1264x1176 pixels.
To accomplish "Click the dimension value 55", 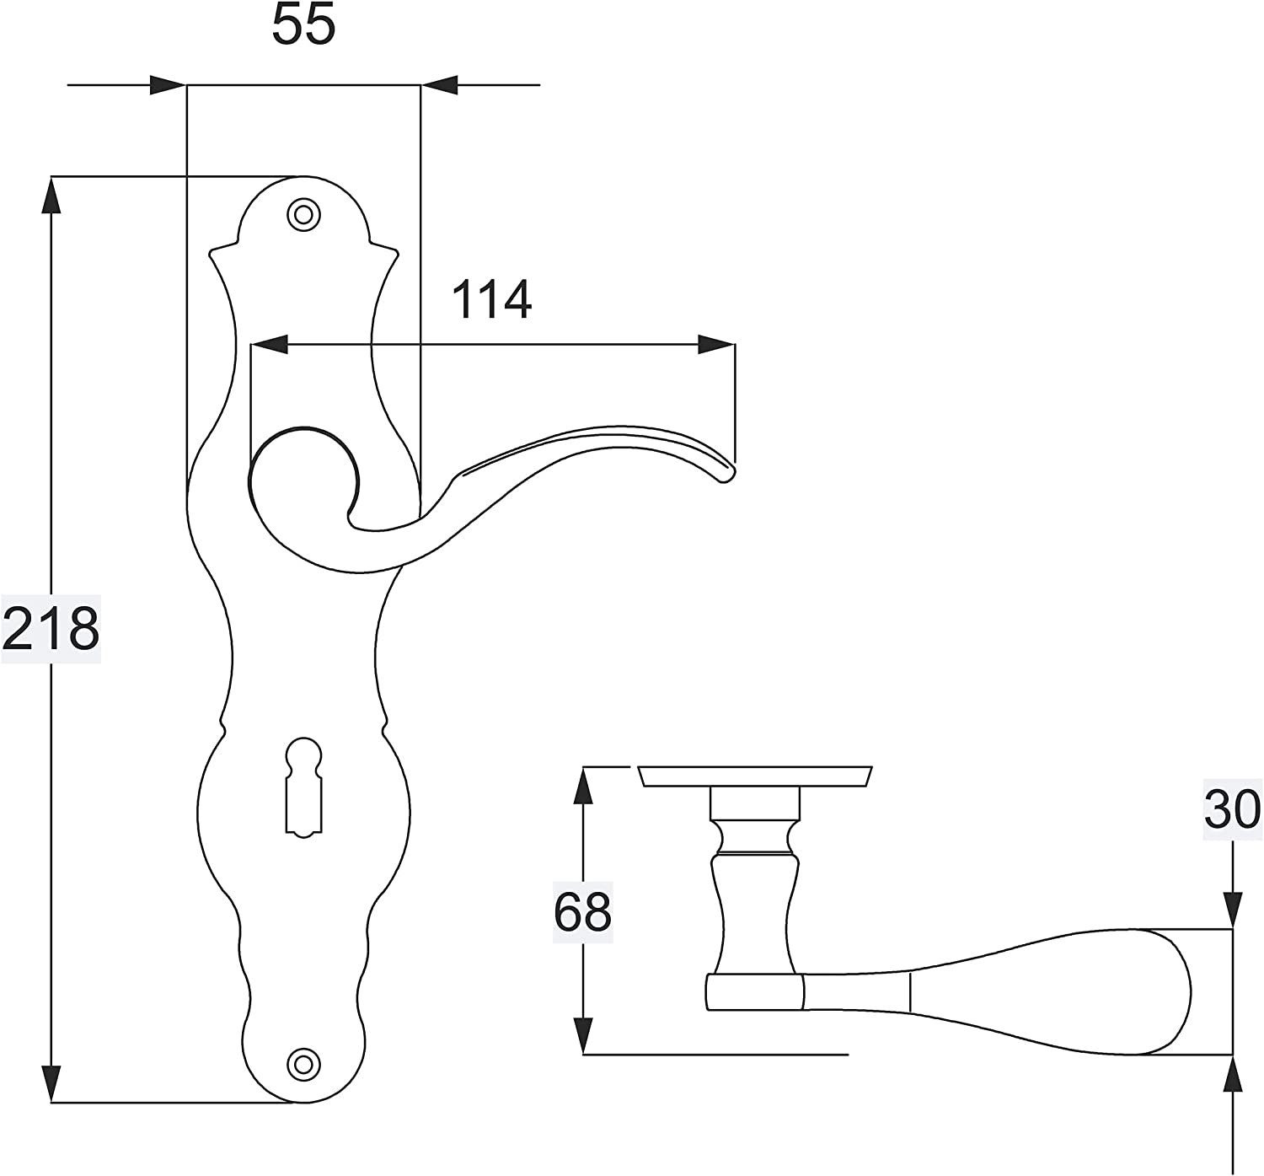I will (303, 25).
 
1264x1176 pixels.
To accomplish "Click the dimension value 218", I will (51, 628).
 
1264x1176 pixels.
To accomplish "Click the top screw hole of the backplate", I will (304, 214).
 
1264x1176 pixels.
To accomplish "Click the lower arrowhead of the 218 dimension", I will (52, 1082).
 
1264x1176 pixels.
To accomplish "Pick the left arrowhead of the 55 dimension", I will (167, 85).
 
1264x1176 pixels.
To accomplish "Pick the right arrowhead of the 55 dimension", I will (439, 85).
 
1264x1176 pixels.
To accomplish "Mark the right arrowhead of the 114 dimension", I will (716, 345).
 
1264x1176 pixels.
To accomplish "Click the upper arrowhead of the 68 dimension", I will (582, 786).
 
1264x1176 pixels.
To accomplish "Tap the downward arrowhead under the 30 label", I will (1233, 910).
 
